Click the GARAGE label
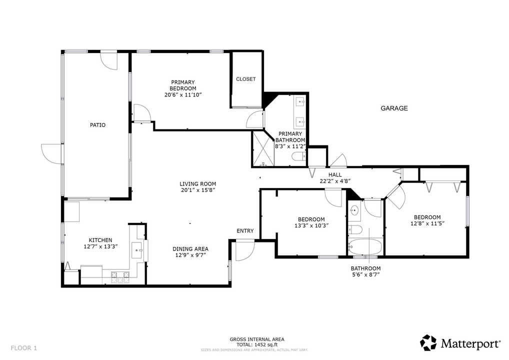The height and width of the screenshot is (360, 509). (394, 108)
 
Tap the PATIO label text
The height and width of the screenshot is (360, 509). (97, 125)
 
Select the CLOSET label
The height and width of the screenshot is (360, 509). (245, 79)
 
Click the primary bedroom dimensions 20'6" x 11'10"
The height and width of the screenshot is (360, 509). (183, 94)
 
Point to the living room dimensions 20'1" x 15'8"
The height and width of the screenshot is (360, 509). (198, 190)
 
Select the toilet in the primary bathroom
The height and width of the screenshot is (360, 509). (298, 157)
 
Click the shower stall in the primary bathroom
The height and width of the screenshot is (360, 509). (263, 149)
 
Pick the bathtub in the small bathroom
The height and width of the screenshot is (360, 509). (365, 246)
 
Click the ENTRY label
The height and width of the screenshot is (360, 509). (245, 231)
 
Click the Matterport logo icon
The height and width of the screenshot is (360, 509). (428, 343)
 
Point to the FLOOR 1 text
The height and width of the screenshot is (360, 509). (23, 347)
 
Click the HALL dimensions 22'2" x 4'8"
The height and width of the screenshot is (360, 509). (335, 181)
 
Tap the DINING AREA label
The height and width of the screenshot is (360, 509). (190, 249)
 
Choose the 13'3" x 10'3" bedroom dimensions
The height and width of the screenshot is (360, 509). (311, 225)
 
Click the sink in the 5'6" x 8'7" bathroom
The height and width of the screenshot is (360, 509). (354, 210)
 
